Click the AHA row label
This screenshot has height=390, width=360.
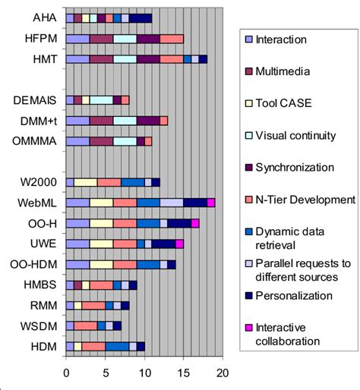pyautogui.click(x=43, y=17)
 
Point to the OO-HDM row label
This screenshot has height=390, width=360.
pyautogui.click(x=36, y=264)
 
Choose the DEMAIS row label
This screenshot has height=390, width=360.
pyautogui.click(x=36, y=99)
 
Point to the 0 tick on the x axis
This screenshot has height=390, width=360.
pyautogui.click(x=66, y=373)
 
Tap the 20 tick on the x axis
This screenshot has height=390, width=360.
pyautogui.click(x=223, y=373)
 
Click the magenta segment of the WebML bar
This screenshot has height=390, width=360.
pyautogui.click(x=211, y=203)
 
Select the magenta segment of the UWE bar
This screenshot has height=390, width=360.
pyautogui.click(x=180, y=244)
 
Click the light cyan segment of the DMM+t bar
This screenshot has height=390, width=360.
pyautogui.click(x=125, y=120)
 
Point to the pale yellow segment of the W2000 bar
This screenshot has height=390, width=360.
pyautogui.click(x=86, y=182)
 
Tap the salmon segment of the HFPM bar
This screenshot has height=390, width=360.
pyautogui.click(x=172, y=38)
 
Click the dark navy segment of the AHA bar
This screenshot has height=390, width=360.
pyautogui.click(x=141, y=17)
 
